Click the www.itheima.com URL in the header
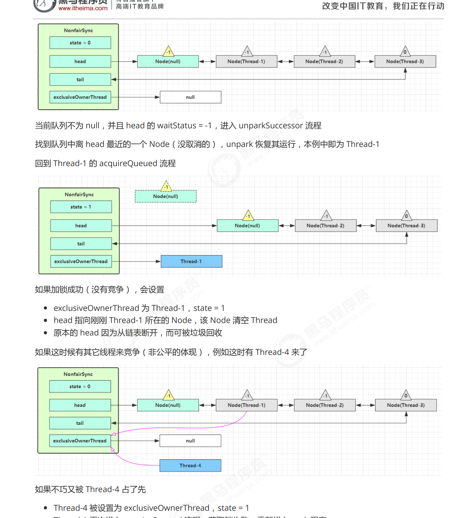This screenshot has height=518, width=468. (x=83, y=8)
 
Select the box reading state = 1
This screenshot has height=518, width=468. (x=81, y=207)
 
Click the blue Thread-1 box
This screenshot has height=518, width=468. (x=191, y=261)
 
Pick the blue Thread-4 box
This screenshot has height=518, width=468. (x=190, y=465)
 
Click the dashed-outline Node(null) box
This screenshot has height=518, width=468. (x=166, y=196)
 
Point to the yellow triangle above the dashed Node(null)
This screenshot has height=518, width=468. (x=166, y=186)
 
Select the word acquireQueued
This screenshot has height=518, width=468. (x=128, y=163)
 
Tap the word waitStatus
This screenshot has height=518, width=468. (x=177, y=126)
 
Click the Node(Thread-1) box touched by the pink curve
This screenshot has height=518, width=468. (x=246, y=405)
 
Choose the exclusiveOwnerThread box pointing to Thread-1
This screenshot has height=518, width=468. (x=81, y=261)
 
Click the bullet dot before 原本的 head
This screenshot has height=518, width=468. (x=45, y=333)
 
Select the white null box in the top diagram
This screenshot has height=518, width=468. (x=190, y=97)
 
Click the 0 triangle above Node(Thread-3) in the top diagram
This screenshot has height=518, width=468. (x=405, y=52)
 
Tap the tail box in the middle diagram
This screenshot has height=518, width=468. (x=81, y=244)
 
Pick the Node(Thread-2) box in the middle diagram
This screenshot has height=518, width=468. (x=325, y=226)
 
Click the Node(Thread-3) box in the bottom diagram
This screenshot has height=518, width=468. (x=406, y=405)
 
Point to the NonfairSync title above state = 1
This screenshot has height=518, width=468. (x=79, y=194)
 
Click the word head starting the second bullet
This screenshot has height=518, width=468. (x=63, y=320)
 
